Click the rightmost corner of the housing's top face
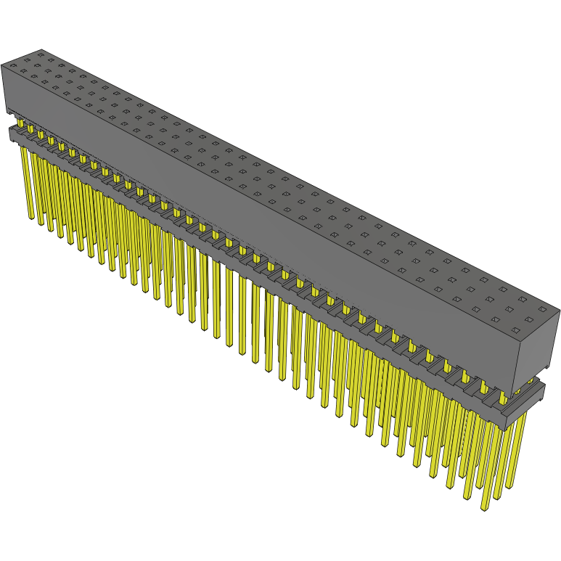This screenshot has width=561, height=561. click(559, 311)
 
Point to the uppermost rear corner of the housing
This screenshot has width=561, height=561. click(41, 49)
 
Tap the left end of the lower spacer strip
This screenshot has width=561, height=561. click(10, 133)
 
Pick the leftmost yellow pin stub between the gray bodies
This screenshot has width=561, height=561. click(20, 125)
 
